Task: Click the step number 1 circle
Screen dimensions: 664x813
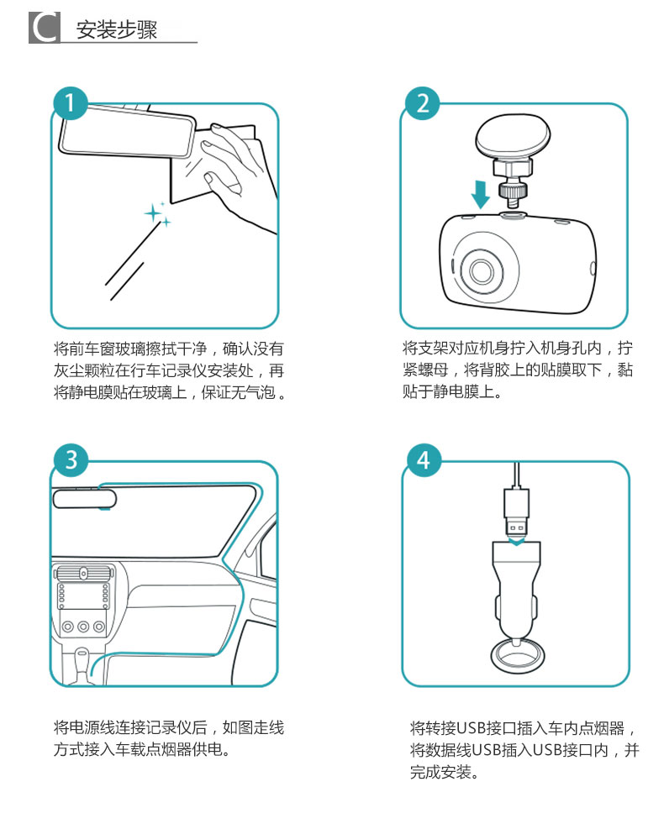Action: point(70,103)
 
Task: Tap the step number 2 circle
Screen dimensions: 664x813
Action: point(422,103)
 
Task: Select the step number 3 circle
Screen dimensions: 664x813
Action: point(71,460)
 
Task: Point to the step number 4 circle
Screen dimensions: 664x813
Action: point(424,460)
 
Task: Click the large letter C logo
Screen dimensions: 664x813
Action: point(45,28)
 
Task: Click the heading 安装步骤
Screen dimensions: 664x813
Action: point(117,29)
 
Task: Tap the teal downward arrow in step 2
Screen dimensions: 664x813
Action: point(481,194)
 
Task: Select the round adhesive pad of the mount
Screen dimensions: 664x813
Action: point(513,136)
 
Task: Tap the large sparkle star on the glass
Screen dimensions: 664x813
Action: point(152,213)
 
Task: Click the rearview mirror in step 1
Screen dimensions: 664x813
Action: point(127,131)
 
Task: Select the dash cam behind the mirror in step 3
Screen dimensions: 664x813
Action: point(85,499)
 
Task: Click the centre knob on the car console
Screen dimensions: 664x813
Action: point(83,627)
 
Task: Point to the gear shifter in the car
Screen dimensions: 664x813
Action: point(82,664)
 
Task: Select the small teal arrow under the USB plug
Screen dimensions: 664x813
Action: point(516,543)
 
